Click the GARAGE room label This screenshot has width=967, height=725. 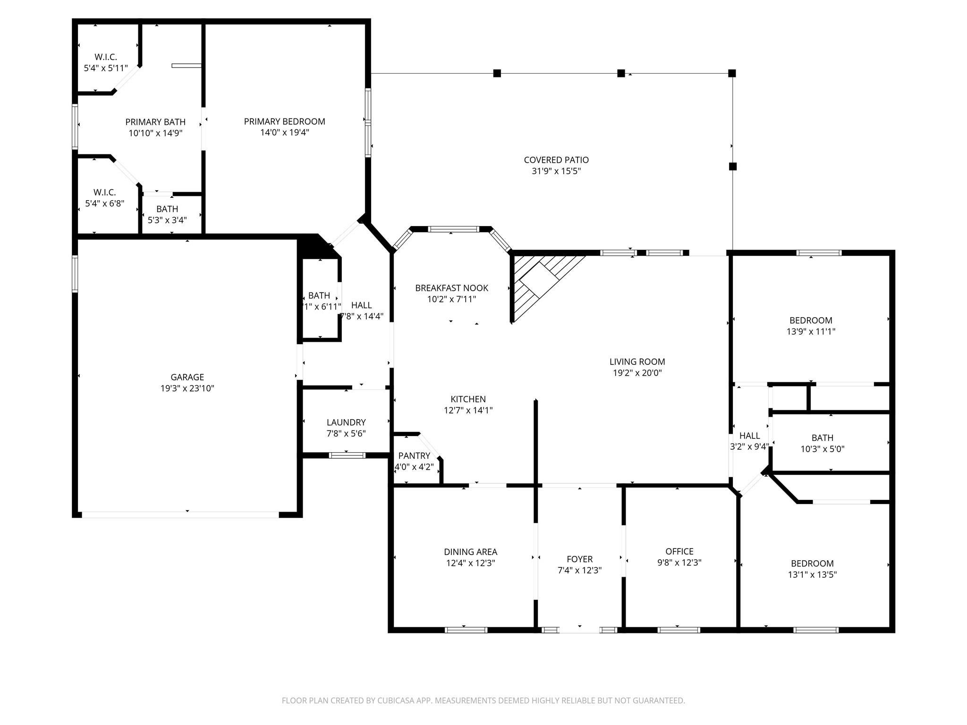tap(187, 377)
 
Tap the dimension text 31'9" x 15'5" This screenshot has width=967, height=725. tap(556, 171)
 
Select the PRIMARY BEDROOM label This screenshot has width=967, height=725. tap(284, 121)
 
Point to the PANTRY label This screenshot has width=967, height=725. tap(414, 455)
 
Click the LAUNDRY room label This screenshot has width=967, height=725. tap(346, 422)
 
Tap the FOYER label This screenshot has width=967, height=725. tap(579, 559)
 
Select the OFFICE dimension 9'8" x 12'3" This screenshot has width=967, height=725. tap(679, 563)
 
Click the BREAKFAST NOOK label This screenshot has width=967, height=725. tap(451, 288)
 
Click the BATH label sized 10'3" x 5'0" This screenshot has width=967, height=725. tap(822, 438)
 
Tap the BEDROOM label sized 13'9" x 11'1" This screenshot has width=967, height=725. tap(811, 320)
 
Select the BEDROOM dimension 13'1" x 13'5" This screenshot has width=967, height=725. tap(812, 574)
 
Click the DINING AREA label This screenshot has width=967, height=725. tap(470, 552)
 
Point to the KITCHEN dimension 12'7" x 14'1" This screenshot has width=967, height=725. tap(468, 410)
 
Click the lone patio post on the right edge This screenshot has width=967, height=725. tap(732, 166)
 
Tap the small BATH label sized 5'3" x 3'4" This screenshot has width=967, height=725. tap(167, 209)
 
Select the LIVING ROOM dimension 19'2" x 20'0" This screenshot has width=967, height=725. tap(637, 373)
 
